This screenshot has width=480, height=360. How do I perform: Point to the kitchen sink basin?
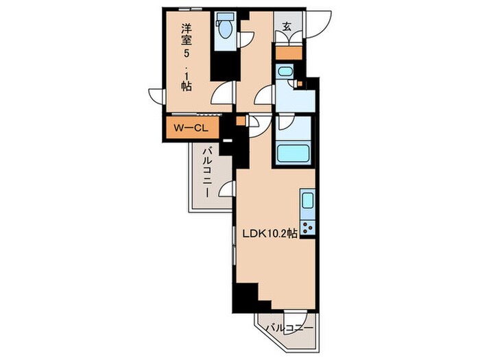coord(308,202)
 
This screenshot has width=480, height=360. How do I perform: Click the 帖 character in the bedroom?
coord(185,86)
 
